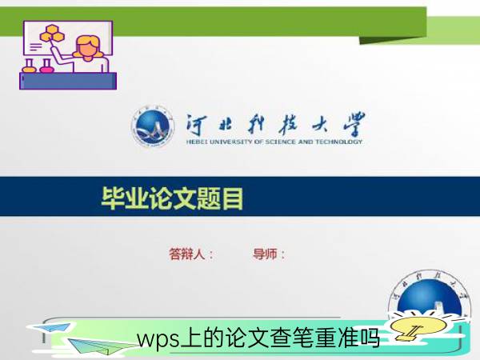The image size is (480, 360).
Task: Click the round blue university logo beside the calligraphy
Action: click(x=153, y=126)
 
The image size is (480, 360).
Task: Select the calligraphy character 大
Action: click(x=319, y=125)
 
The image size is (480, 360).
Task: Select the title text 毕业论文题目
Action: click(x=172, y=198)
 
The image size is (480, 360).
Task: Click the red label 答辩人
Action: click(x=186, y=254)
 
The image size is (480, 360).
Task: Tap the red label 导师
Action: click(x=265, y=254)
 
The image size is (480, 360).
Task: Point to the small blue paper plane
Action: click(x=53, y=327)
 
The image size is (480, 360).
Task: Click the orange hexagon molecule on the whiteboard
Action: click(x=52, y=33)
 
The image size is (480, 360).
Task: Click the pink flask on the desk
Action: click(x=46, y=66)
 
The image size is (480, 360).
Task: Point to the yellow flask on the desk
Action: click(x=30, y=66)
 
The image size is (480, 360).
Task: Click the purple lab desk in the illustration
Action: click(x=68, y=81)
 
